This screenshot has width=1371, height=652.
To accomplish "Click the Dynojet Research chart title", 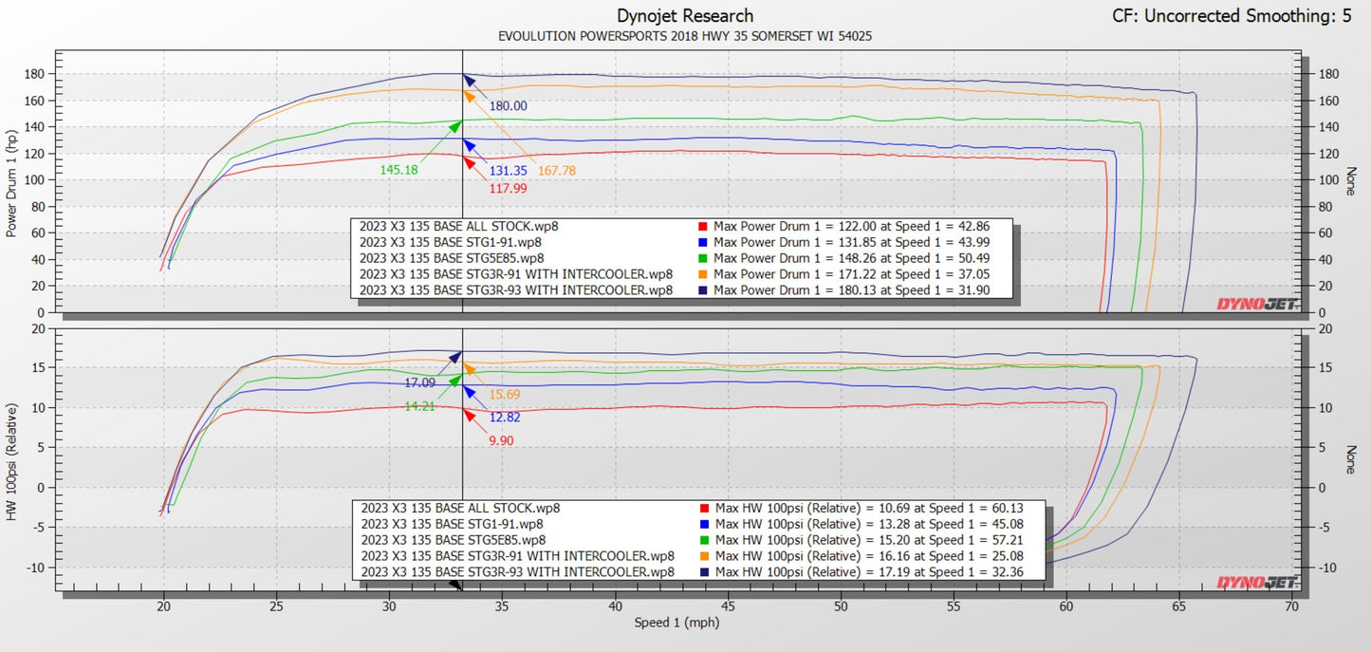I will [685, 16].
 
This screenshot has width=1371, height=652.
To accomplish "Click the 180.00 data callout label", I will [508, 106].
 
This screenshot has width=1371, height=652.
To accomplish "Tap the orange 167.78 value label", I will [557, 171].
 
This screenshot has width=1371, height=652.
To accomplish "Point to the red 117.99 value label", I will [508, 189].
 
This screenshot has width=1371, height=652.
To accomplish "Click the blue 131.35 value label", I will [508, 171].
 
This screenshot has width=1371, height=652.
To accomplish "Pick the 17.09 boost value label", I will [421, 383].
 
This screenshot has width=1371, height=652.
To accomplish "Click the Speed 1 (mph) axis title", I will [677, 624].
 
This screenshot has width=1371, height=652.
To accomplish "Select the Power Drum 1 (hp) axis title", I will [12, 185].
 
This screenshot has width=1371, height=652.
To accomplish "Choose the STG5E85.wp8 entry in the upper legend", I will [452, 258].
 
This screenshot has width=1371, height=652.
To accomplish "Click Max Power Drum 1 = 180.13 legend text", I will [852, 290].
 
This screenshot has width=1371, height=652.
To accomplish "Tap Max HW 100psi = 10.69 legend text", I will [868, 508].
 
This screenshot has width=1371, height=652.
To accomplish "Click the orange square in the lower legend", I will [703, 556].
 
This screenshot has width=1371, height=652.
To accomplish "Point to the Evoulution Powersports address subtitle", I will [685, 36].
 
